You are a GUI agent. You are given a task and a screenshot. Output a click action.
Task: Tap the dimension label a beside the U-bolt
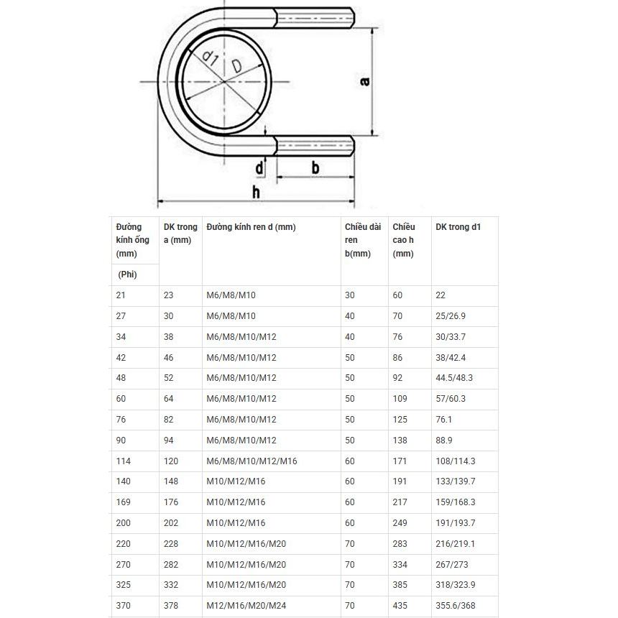click(x=364, y=81)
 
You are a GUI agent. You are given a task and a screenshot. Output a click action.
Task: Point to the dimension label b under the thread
click(x=315, y=167)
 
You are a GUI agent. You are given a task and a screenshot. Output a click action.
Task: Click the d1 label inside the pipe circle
click(x=209, y=59)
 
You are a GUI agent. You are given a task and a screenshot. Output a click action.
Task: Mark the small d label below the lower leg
click(x=259, y=168)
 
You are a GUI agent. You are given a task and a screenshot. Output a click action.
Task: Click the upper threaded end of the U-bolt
click(x=315, y=17)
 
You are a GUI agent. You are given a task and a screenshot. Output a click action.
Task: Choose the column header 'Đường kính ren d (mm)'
click(x=251, y=227)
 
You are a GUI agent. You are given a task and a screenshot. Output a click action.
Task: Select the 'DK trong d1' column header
click(x=458, y=227)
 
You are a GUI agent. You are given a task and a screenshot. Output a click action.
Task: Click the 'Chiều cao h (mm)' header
click(x=404, y=240)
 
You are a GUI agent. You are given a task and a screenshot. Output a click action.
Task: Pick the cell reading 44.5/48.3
click(x=454, y=378)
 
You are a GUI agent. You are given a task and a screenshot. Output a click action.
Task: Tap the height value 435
click(x=400, y=606)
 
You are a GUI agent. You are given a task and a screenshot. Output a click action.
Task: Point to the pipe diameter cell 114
click(x=124, y=461)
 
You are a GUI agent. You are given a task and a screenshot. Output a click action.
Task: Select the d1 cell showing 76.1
click(x=444, y=420)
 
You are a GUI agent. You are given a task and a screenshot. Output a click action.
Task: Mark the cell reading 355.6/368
click(x=456, y=606)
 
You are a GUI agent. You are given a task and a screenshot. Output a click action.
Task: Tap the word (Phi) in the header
click(x=128, y=275)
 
